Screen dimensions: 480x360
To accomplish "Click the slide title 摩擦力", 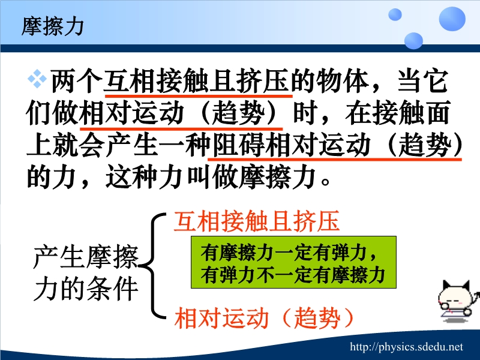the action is pos(52,26).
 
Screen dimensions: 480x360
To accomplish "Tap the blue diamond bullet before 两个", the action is pos(37,79).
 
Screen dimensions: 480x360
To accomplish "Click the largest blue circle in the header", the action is pos(452,19).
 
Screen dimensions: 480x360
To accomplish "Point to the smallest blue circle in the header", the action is pos(395,14).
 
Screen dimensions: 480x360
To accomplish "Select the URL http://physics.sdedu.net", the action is pos(407,347).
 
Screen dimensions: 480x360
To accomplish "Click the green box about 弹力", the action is pos(293,262).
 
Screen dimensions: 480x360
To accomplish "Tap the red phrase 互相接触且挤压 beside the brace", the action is pos(257,221).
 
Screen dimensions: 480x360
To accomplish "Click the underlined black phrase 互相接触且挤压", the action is pos(197,82).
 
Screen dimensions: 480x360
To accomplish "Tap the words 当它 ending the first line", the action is pos(423,82).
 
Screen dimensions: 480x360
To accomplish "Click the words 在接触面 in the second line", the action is pos(398,113).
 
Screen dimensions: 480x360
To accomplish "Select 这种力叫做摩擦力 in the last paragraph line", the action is pos(211,177).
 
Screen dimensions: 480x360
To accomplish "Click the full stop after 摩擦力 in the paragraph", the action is pos(325,181).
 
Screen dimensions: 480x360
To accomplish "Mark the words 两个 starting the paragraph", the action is pos(77,82).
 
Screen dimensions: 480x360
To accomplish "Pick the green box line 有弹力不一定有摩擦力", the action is pos(293,275).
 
